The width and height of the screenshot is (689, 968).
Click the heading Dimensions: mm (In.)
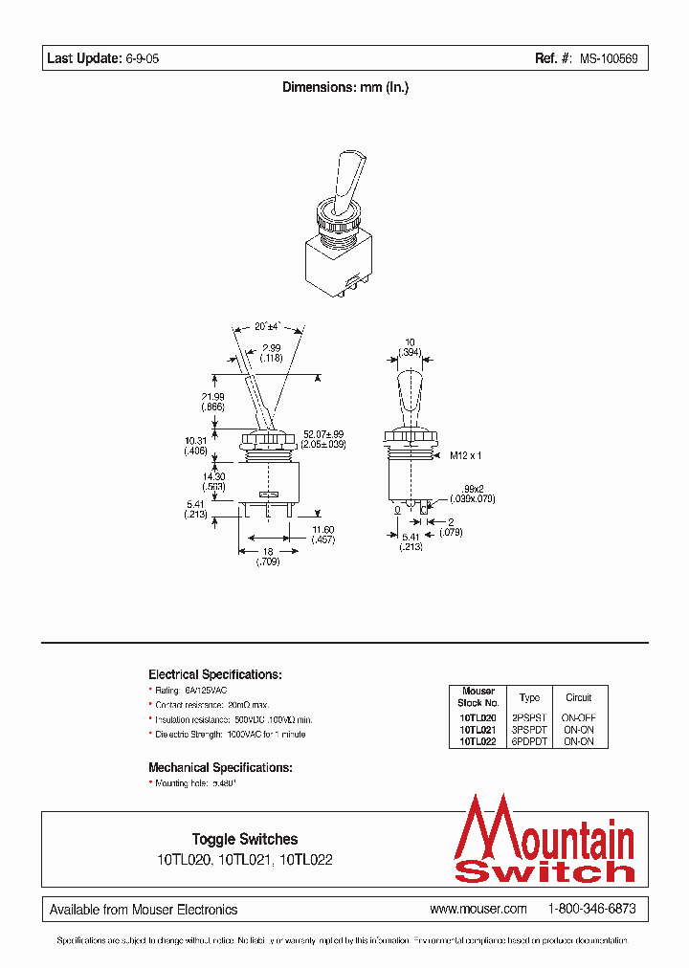pos(345,87)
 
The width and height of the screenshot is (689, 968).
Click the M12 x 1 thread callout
pos(469,456)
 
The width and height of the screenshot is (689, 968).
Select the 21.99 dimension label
pos(212,397)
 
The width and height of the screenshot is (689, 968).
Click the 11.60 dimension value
pos(323,529)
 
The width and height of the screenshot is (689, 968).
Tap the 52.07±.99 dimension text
pos(325,434)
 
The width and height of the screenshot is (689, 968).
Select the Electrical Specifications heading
pos(214,674)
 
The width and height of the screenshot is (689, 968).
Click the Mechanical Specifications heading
pos(220,767)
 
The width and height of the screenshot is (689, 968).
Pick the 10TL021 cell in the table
pos(478,729)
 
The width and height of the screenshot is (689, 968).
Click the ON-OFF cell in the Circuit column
pos(578,716)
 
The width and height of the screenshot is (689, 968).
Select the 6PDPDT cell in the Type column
pos(529,740)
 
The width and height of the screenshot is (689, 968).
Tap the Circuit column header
pos(578,697)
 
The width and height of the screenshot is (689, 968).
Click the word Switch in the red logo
pos(545,870)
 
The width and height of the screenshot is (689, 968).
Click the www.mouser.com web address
pos(478,909)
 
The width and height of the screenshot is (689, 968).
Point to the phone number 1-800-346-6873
pos(591,909)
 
